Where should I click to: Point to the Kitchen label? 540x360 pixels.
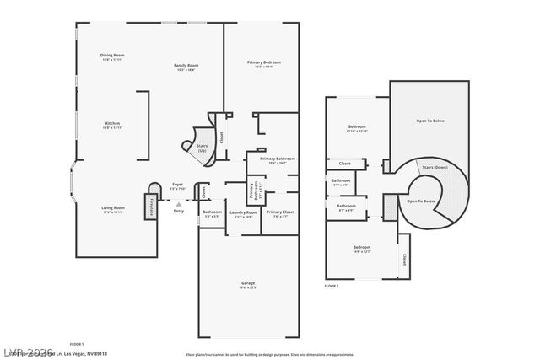coord(112,125)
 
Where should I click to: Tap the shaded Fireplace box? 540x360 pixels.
coord(153,201)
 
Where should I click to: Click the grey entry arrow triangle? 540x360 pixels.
coord(178,203)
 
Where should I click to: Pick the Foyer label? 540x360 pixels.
coord(177,185)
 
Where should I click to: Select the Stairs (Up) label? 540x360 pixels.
coord(202,148)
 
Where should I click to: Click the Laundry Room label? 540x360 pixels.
coord(243,213)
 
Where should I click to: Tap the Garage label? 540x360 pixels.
coord(247,285)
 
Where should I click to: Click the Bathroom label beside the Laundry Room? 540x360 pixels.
coord(212,213)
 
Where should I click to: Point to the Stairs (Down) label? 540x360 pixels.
coord(435,168)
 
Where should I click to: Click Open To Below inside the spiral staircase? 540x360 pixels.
coord(421,201)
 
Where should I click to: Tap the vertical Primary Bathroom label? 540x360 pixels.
coord(251,191)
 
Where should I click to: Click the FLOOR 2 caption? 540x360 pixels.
coord(332,287)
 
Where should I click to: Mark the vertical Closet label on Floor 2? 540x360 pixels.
coord(404,260)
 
